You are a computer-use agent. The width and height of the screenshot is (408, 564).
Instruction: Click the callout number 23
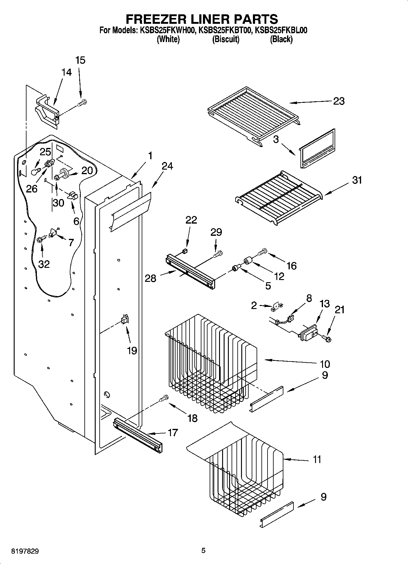tap(339, 101)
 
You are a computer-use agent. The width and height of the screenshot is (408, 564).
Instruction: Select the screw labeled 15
tap(82, 104)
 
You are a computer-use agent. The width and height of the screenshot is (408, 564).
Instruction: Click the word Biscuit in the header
tap(225, 39)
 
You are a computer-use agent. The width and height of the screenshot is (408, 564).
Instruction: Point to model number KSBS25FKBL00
tap(281, 30)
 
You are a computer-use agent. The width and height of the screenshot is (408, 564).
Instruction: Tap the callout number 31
tap(357, 180)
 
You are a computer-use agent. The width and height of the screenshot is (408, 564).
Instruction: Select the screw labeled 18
tap(164, 398)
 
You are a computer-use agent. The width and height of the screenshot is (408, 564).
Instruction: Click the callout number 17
tap(172, 433)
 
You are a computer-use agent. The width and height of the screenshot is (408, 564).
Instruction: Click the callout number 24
tap(167, 166)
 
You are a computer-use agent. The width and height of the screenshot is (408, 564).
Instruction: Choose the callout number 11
tap(317, 459)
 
